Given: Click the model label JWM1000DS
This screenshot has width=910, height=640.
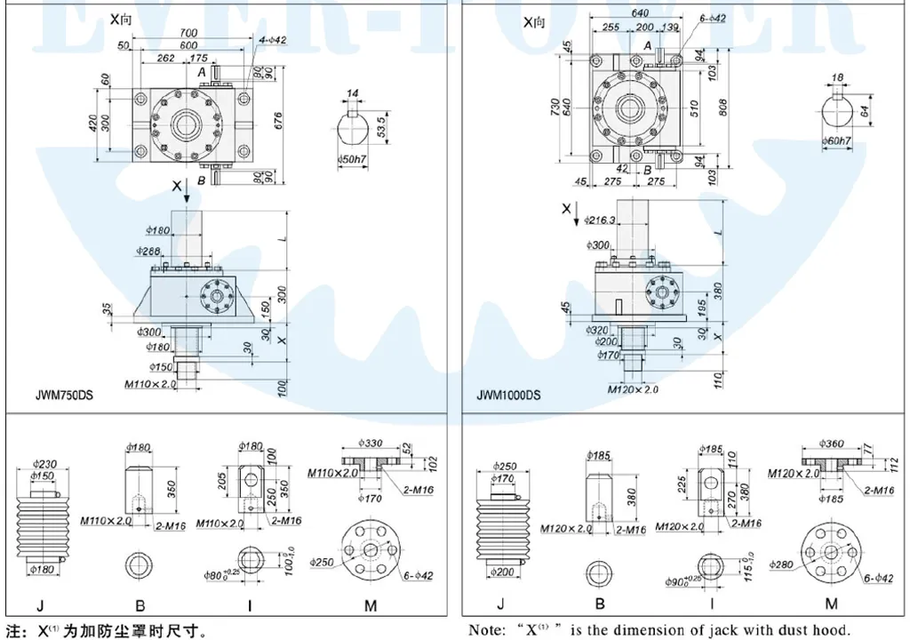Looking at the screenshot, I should (x=508, y=396).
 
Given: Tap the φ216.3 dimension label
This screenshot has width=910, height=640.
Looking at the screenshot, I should (x=601, y=220).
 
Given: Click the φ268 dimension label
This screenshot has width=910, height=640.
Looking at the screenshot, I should (x=149, y=252).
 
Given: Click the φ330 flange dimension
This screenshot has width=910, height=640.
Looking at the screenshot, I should (x=370, y=443).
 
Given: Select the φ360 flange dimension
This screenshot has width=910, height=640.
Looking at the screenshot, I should (x=833, y=444).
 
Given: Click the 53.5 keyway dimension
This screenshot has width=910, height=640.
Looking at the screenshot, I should (x=381, y=122).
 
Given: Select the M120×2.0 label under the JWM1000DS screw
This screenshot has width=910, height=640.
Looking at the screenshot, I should (x=633, y=389).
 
